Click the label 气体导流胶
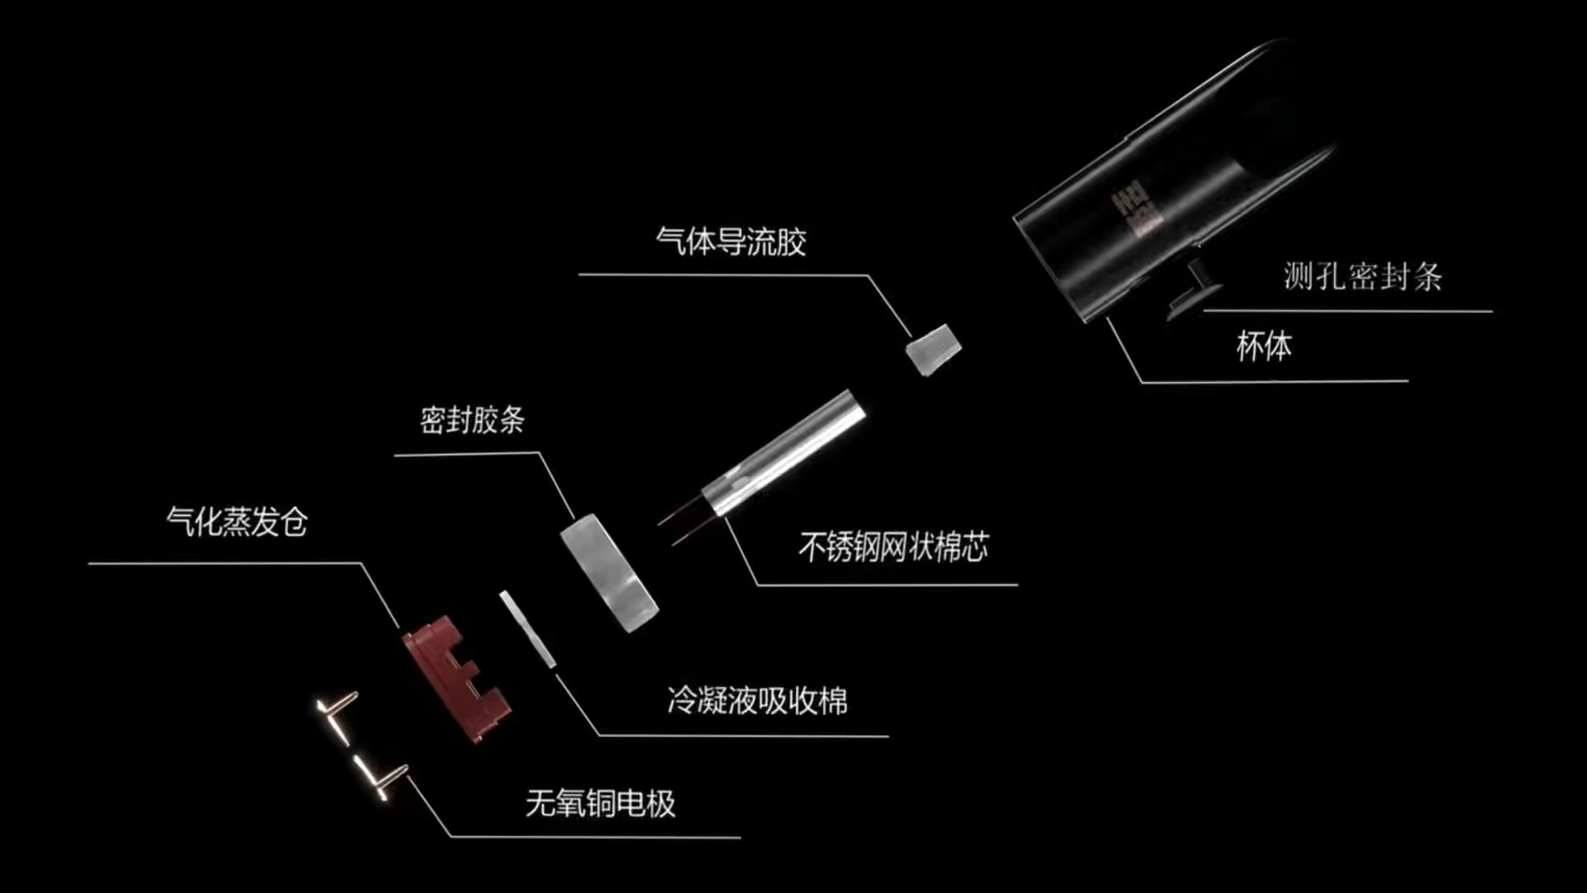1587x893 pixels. click(731, 242)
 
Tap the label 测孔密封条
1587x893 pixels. click(1362, 277)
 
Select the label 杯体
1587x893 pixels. click(1264, 346)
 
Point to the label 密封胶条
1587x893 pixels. click(472, 420)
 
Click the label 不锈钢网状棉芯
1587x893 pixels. click(894, 547)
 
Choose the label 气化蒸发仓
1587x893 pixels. click(237, 523)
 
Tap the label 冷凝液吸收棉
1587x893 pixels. click(757, 701)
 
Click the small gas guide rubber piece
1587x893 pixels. click(933, 349)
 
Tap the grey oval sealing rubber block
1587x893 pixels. click(609, 572)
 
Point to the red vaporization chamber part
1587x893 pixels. click(455, 678)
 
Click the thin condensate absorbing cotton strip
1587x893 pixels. click(527, 628)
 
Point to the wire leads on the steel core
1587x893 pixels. click(682, 523)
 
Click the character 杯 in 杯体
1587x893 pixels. click(1250, 346)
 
